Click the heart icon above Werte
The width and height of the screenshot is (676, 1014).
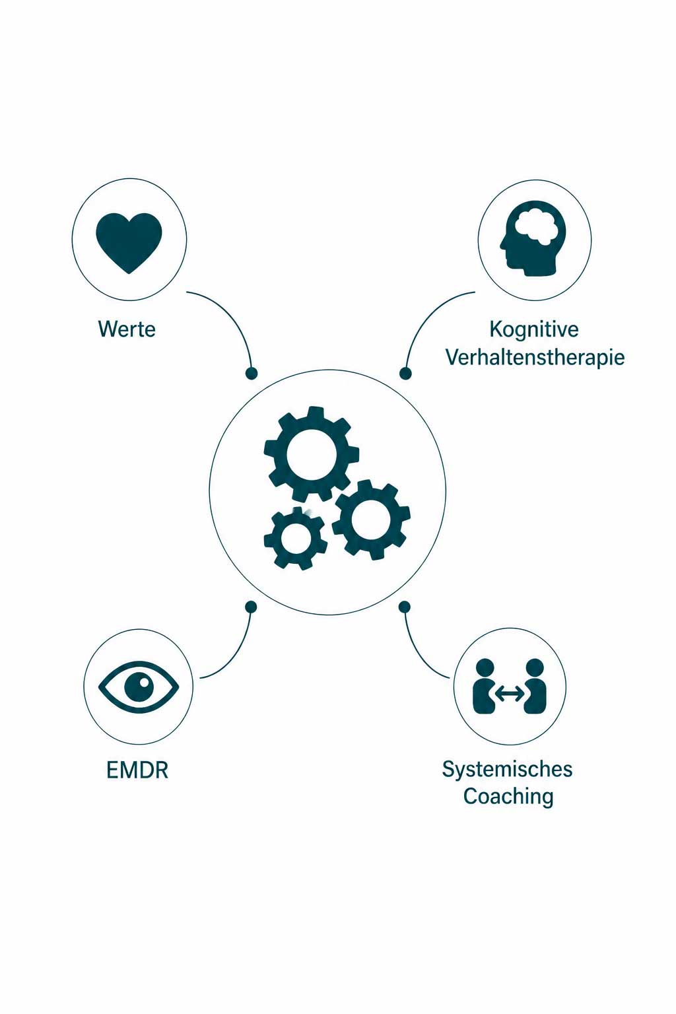pyautogui.click(x=129, y=243)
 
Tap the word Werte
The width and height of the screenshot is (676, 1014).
pyautogui.click(x=127, y=329)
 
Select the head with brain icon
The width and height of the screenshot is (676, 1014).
pyautogui.click(x=533, y=238)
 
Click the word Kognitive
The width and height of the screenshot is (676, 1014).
pyautogui.click(x=534, y=329)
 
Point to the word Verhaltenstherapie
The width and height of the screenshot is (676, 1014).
pyautogui.click(x=535, y=357)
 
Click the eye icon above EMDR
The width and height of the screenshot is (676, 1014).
pyautogui.click(x=139, y=687)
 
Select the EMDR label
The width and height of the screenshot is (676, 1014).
pyautogui.click(x=137, y=770)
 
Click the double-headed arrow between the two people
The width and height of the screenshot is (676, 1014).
pyautogui.click(x=510, y=693)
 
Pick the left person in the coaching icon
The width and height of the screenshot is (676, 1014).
pyautogui.click(x=485, y=686)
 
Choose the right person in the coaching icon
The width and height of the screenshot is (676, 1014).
pyautogui.click(x=535, y=686)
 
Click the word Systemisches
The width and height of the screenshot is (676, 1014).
pyautogui.click(x=507, y=770)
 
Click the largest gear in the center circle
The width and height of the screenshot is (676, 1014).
pyautogui.click(x=312, y=453)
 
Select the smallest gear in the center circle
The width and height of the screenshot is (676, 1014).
pyautogui.click(x=296, y=538)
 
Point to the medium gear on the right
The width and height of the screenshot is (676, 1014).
pyautogui.click(x=371, y=520)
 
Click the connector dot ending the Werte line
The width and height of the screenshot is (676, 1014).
pyautogui.click(x=252, y=373)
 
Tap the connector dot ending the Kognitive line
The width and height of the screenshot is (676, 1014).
pyautogui.click(x=405, y=373)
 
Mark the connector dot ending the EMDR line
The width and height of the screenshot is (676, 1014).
pyautogui.click(x=251, y=607)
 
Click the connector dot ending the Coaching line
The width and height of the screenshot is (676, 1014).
pyautogui.click(x=404, y=607)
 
